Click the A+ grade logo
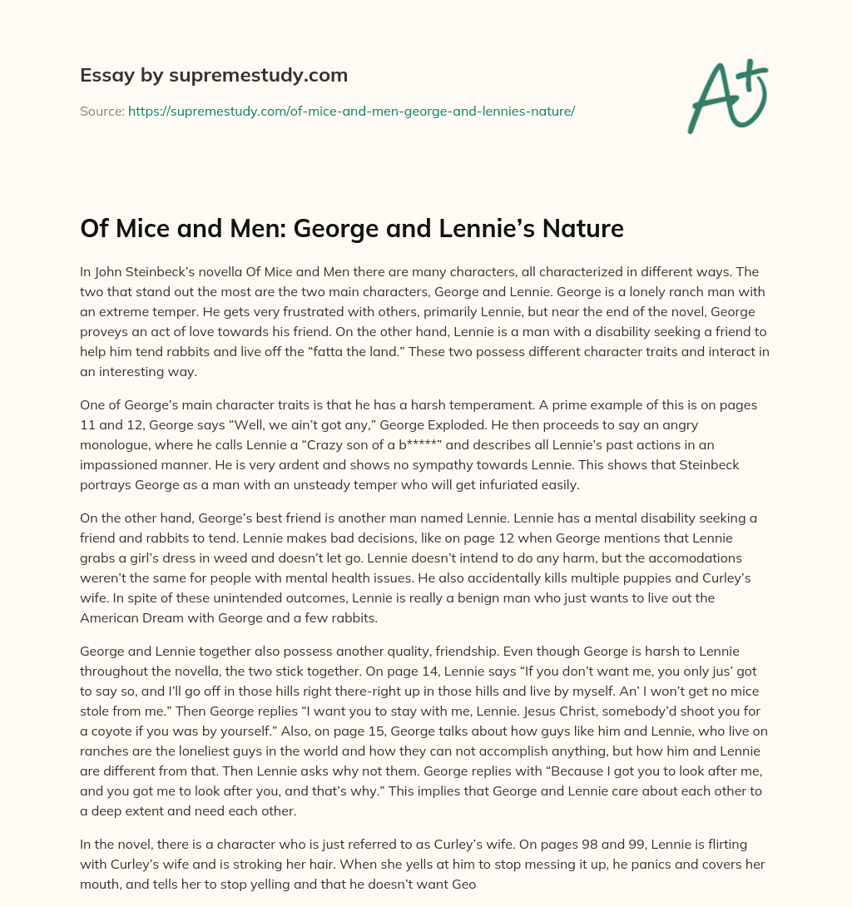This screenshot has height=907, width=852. [726, 97]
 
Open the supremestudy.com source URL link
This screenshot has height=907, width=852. [351, 111]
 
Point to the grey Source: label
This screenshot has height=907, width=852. [102, 111]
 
